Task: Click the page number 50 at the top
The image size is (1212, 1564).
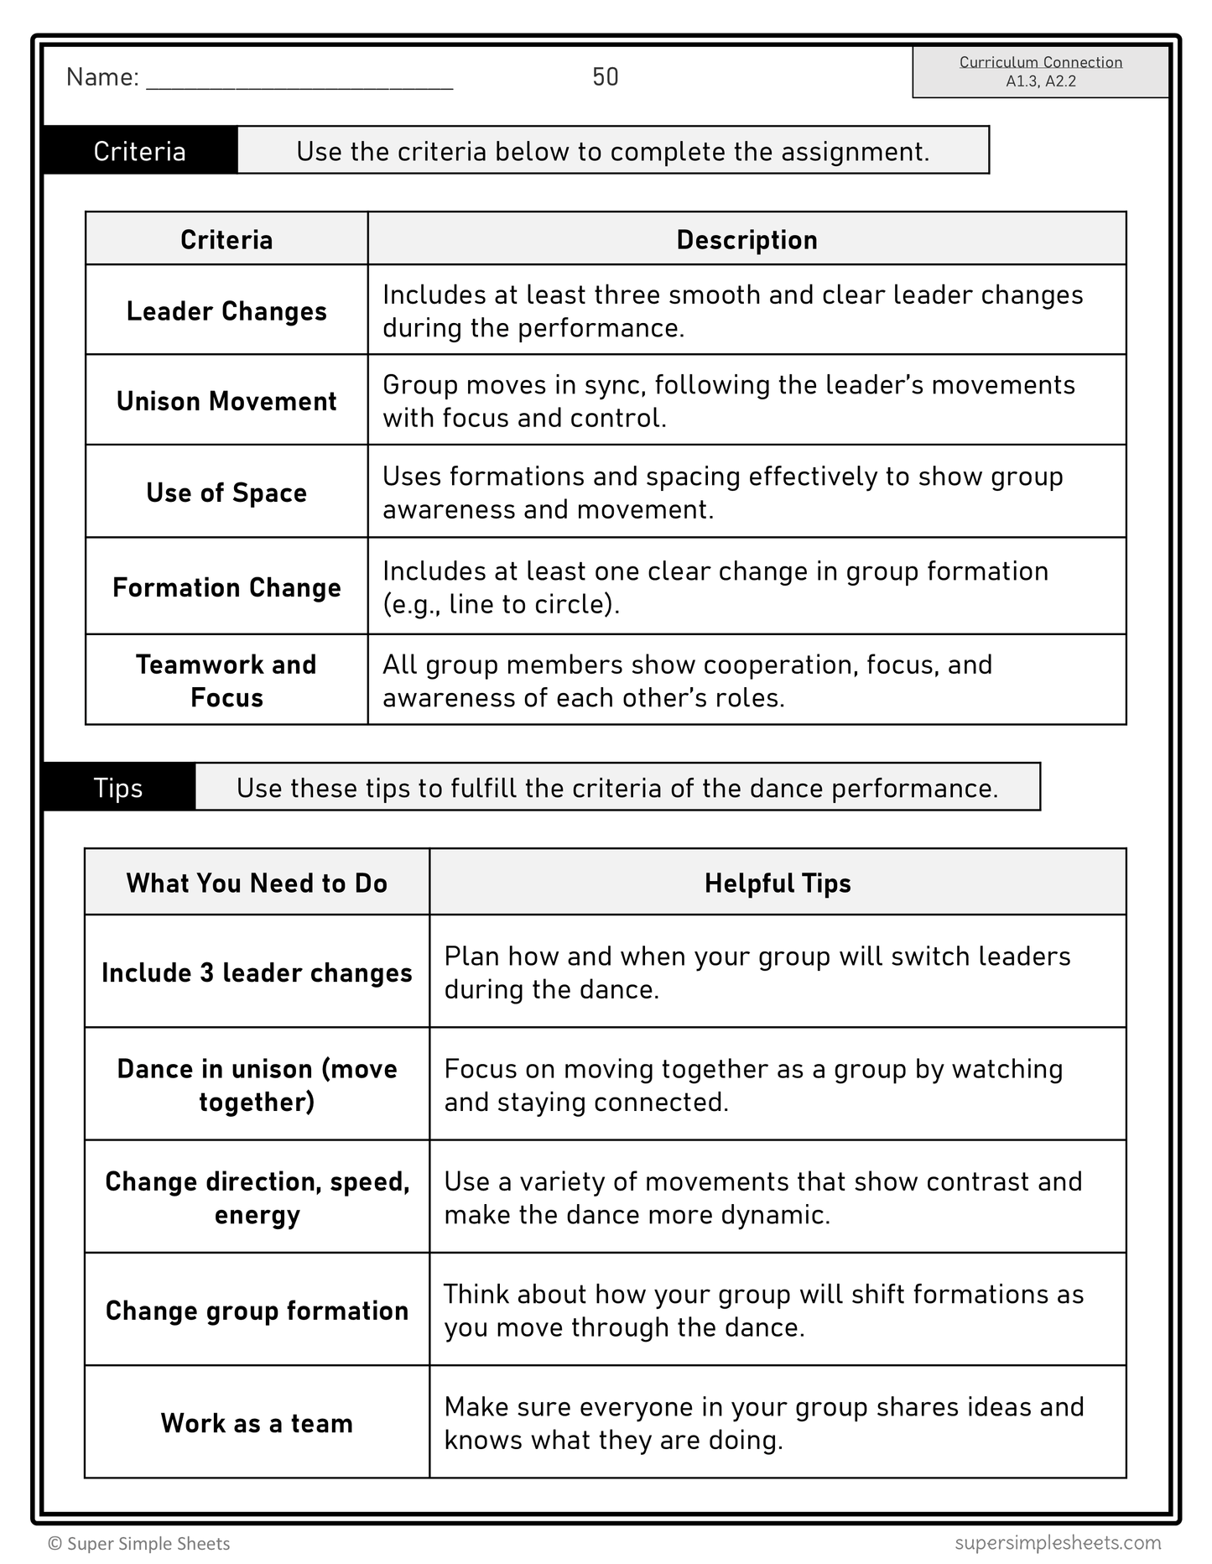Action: click(605, 77)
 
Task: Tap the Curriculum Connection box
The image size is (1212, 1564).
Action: click(1040, 72)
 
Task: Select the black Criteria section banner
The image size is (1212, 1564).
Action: click(140, 151)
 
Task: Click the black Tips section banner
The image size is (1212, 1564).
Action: click(118, 788)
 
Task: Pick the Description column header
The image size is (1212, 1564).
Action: click(746, 240)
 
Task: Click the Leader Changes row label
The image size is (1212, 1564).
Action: click(226, 311)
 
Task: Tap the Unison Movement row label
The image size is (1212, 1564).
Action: click(226, 401)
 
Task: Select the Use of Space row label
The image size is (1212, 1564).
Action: click(226, 493)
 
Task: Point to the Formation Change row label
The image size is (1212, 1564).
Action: click(226, 587)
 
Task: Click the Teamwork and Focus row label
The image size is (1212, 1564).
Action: click(226, 680)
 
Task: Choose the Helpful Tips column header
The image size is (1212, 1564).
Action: click(778, 883)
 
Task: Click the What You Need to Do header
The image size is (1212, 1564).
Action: click(257, 883)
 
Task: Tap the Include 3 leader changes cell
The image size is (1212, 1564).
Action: click(257, 972)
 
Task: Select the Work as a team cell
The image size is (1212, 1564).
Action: click(257, 1423)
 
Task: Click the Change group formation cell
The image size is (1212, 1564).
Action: click(257, 1311)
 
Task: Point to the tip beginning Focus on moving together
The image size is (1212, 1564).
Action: click(753, 1085)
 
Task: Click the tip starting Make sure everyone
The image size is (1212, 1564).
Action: click(763, 1423)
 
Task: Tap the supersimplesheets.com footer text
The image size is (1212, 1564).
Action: click(1058, 1542)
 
